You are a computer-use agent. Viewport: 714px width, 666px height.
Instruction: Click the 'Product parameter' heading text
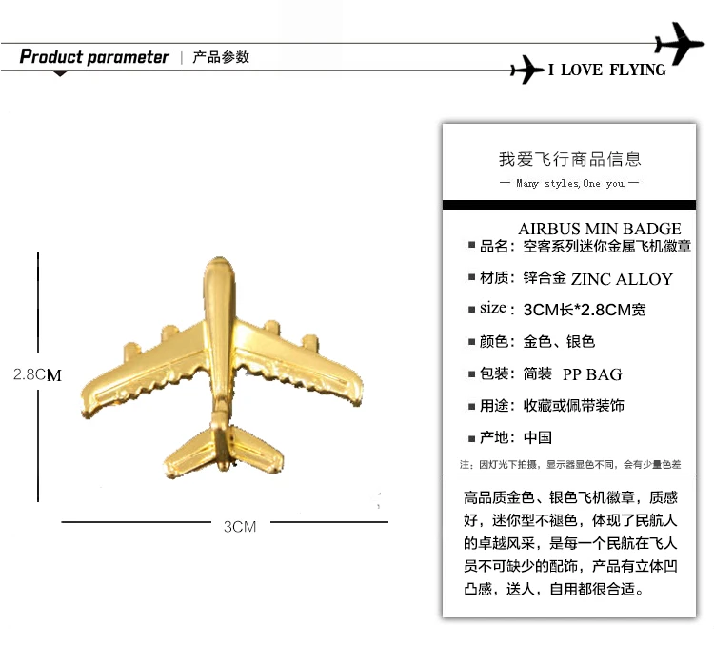pyautogui.click(x=94, y=57)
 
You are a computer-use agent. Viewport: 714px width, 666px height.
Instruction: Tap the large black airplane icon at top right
pyautogui.click(x=680, y=43)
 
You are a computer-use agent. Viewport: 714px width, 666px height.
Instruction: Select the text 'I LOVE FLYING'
pyautogui.click(x=606, y=71)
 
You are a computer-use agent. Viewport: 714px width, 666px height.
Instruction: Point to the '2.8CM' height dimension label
pyautogui.click(x=37, y=374)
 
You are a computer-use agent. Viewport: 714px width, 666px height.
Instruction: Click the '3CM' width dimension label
pyautogui.click(x=240, y=525)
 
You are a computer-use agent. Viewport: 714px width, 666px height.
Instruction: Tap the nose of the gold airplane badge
pyautogui.click(x=219, y=276)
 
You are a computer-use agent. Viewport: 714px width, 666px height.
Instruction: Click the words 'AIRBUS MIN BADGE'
pyautogui.click(x=600, y=229)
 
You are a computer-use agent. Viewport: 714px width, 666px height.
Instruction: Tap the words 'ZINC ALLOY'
pyautogui.click(x=622, y=279)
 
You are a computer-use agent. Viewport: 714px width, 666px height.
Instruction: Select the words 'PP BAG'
pyautogui.click(x=592, y=374)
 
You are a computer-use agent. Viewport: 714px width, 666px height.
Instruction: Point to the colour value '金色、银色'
pyautogui.click(x=560, y=341)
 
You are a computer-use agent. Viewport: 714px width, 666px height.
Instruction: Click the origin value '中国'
pyautogui.click(x=538, y=438)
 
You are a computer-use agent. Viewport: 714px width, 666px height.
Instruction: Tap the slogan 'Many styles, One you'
pyautogui.click(x=570, y=183)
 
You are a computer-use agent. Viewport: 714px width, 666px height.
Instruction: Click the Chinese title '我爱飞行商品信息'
pyautogui.click(x=570, y=159)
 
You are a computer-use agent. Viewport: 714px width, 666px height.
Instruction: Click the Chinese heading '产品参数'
pyautogui.click(x=221, y=57)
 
